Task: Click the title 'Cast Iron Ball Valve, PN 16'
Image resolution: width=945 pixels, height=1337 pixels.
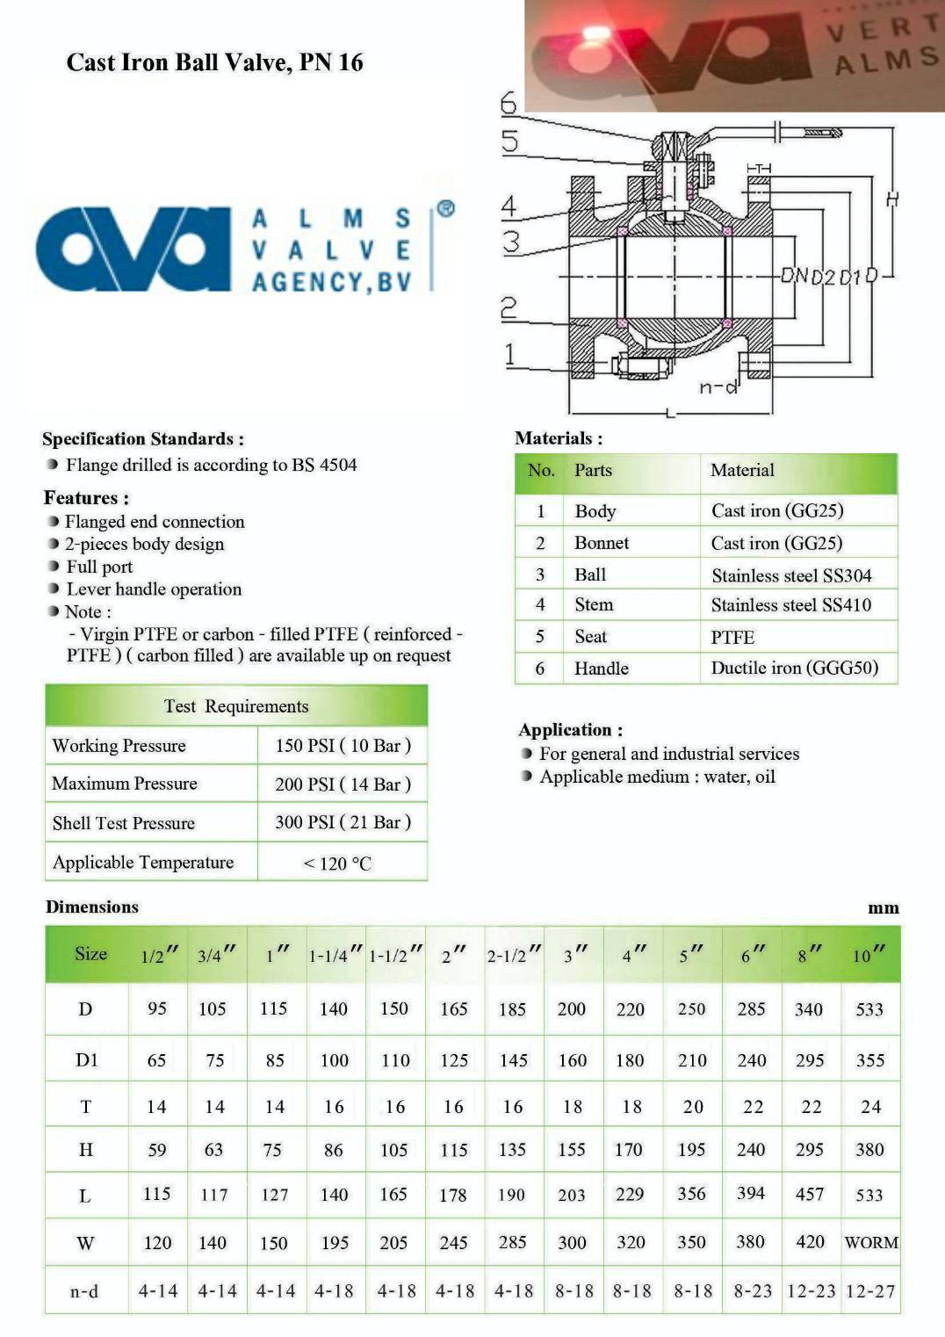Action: pyautogui.click(x=214, y=62)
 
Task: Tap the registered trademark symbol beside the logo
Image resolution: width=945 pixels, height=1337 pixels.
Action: pyautogui.click(x=445, y=209)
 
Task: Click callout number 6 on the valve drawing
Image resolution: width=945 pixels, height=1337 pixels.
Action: pyautogui.click(x=509, y=104)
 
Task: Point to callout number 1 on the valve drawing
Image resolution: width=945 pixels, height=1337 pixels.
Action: pyautogui.click(x=509, y=354)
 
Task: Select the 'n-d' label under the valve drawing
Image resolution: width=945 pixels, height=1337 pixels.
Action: pyautogui.click(x=718, y=387)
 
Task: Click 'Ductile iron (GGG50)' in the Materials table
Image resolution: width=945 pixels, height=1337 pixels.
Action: pyautogui.click(x=794, y=668)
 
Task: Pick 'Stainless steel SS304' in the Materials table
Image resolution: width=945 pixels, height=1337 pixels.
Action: pyautogui.click(x=791, y=575)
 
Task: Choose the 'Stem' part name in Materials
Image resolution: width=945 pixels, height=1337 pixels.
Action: pyautogui.click(x=594, y=604)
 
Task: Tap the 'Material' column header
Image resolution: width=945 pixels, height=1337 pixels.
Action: pyautogui.click(x=742, y=470)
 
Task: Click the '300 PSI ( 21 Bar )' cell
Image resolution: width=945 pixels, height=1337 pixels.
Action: pyautogui.click(x=343, y=822)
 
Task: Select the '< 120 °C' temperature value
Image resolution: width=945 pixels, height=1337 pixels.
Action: pyautogui.click(x=337, y=864)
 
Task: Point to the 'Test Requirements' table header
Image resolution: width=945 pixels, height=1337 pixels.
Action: pyautogui.click(x=236, y=706)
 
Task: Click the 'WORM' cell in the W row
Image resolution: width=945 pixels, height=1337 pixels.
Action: pyautogui.click(x=870, y=1242)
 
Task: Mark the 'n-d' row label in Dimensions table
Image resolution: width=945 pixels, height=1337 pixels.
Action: pyautogui.click(x=84, y=1291)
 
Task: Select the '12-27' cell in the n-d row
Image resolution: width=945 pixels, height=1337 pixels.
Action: pyautogui.click(x=870, y=1291)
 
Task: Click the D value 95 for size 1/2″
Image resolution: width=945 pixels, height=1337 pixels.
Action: pyautogui.click(x=157, y=1008)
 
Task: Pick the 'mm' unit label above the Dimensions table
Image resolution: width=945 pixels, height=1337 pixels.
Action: pyautogui.click(x=883, y=908)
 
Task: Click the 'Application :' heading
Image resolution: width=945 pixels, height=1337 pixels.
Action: pyautogui.click(x=571, y=730)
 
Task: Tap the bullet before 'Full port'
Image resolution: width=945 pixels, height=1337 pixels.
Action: pyautogui.click(x=54, y=567)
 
